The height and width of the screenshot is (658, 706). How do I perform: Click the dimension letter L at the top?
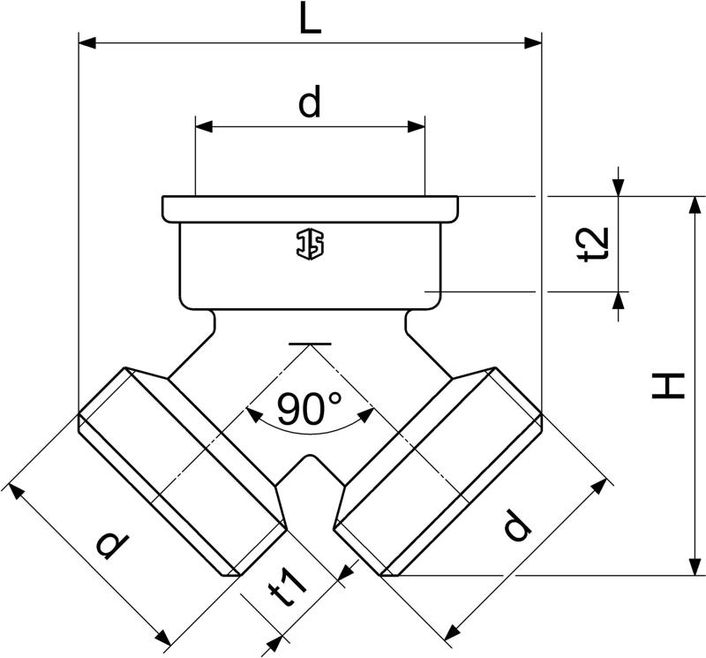tap(311, 18)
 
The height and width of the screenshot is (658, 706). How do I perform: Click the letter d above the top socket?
tap(311, 101)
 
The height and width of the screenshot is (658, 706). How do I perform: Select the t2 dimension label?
tap(593, 245)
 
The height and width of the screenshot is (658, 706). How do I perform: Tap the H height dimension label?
tap(668, 385)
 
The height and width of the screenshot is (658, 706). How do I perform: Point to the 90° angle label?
tap(309, 409)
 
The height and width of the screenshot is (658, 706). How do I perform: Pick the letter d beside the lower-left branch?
tap(113, 544)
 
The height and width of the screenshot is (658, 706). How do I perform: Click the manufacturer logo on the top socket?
tap(310, 245)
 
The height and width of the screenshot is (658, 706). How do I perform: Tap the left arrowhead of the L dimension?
tap(87, 43)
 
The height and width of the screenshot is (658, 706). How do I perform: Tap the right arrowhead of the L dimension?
tap(533, 43)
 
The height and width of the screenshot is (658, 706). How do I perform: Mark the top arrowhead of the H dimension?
tap(695, 205)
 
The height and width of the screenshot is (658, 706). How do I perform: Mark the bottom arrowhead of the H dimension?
tap(695, 566)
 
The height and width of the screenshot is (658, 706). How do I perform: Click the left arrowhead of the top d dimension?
tap(204, 126)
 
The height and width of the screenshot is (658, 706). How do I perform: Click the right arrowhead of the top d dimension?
tap(416, 126)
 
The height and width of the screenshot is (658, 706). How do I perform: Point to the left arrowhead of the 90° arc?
tap(254, 415)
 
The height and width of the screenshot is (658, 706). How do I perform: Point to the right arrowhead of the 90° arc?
tap(365, 415)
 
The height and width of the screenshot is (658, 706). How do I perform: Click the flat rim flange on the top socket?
tap(311, 209)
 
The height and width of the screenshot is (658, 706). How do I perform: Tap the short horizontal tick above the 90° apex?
tap(310, 344)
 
